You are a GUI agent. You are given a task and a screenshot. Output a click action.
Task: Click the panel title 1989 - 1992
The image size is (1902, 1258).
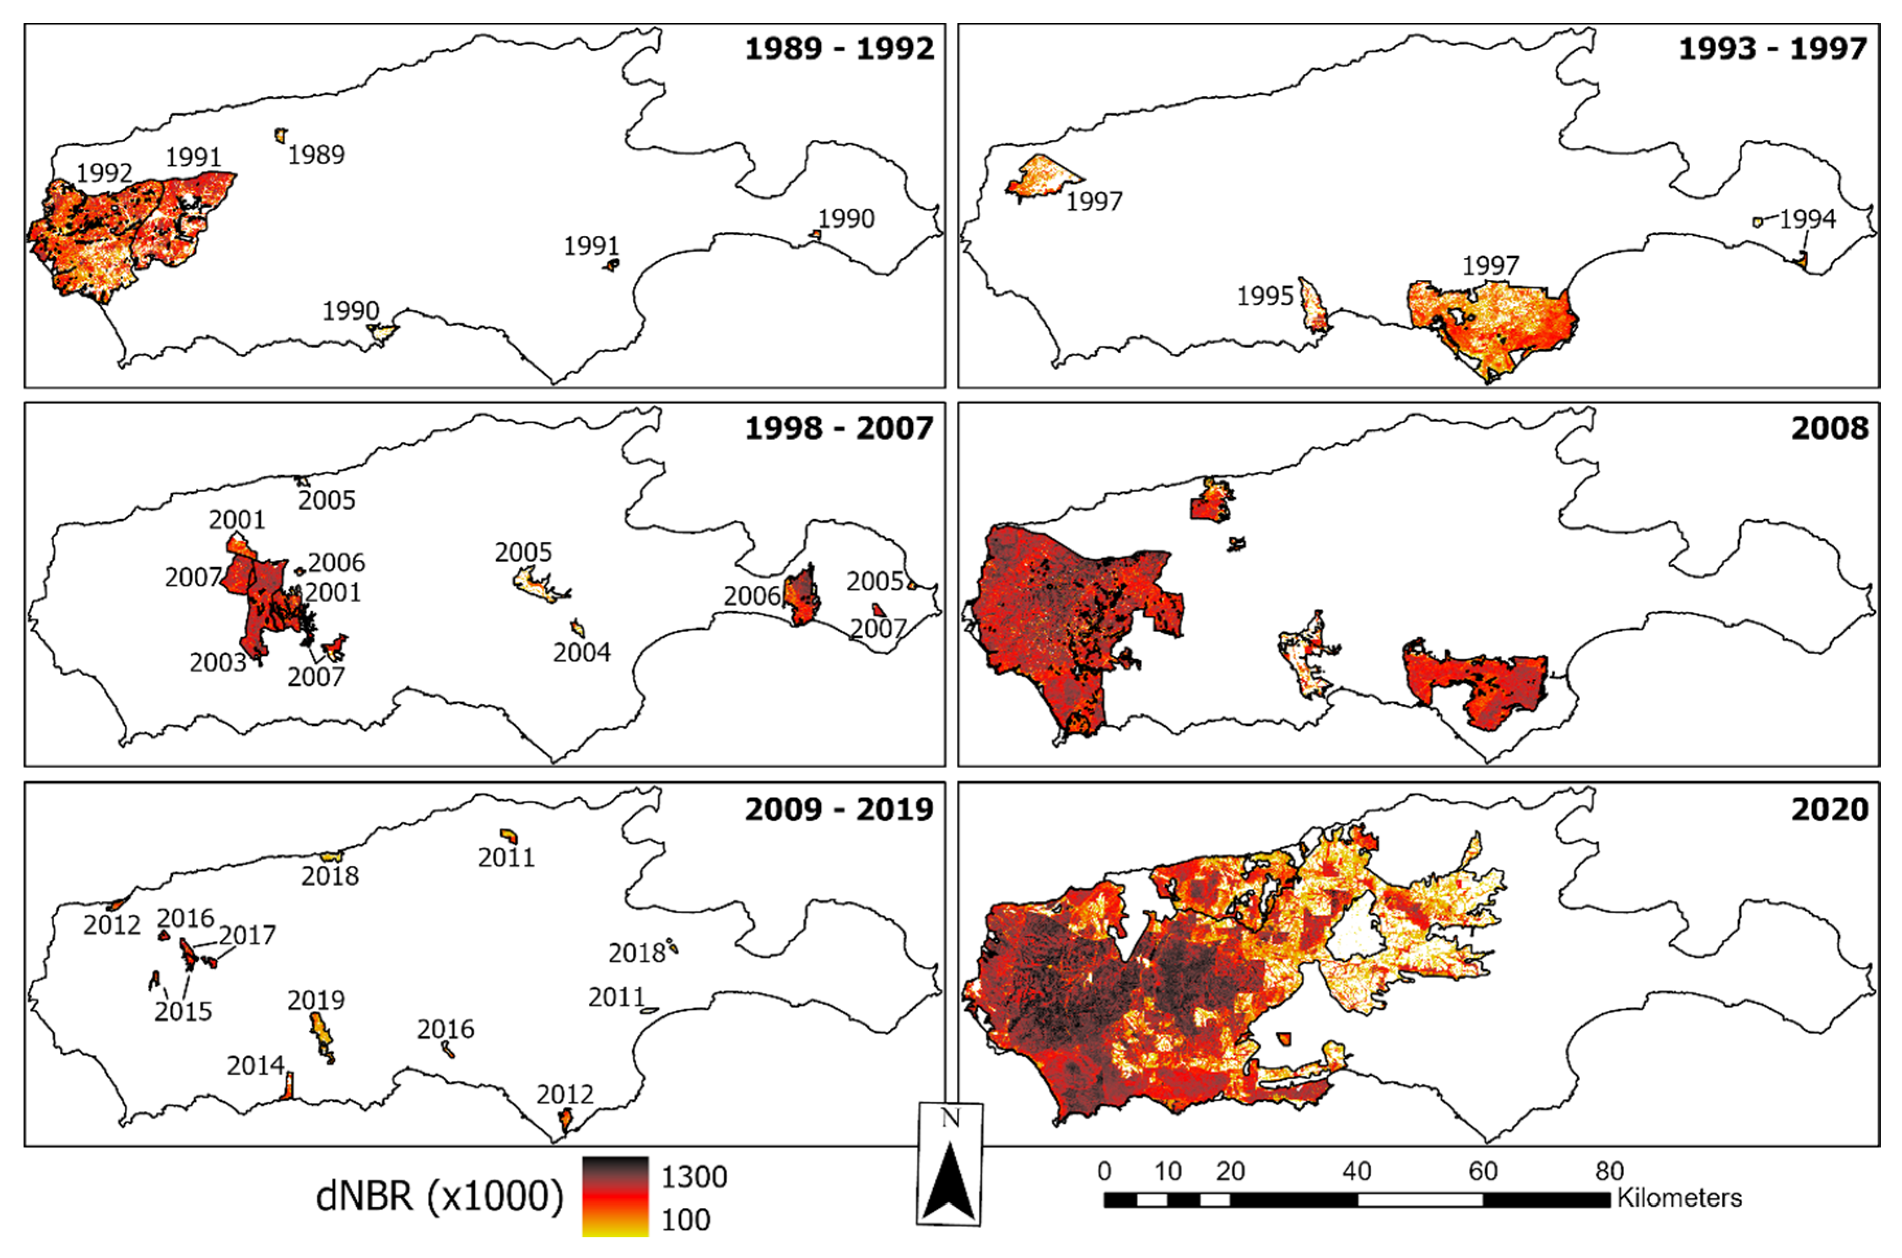tap(840, 49)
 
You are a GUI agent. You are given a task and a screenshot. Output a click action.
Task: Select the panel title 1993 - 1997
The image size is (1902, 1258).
tap(1773, 49)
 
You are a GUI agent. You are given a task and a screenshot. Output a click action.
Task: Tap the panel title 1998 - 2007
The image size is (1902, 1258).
tap(840, 428)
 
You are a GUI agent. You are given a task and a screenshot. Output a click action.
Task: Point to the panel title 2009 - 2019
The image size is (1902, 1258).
tap(840, 809)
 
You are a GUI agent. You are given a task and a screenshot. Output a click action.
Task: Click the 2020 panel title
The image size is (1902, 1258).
tap(1830, 809)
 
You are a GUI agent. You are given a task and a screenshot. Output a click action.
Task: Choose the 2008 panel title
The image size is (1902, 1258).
tap(1830, 428)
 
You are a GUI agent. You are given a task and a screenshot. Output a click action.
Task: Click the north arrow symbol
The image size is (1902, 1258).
tap(949, 1163)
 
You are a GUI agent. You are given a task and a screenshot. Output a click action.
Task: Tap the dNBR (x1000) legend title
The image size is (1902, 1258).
tap(440, 1196)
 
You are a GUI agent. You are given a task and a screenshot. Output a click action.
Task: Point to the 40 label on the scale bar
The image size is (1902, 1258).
tap(1356, 1171)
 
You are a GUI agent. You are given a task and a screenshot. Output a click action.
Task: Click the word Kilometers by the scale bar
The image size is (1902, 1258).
tap(1679, 1198)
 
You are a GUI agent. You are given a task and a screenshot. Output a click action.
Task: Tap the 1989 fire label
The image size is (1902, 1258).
tap(316, 155)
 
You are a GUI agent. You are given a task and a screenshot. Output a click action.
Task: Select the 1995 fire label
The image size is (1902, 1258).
tap(1265, 296)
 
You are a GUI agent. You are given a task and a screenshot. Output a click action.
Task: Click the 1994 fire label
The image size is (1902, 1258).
tap(1807, 219)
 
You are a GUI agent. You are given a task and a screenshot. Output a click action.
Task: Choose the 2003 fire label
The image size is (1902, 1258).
tap(217, 663)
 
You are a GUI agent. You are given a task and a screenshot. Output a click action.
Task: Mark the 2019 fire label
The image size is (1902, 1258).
tap(316, 1001)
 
